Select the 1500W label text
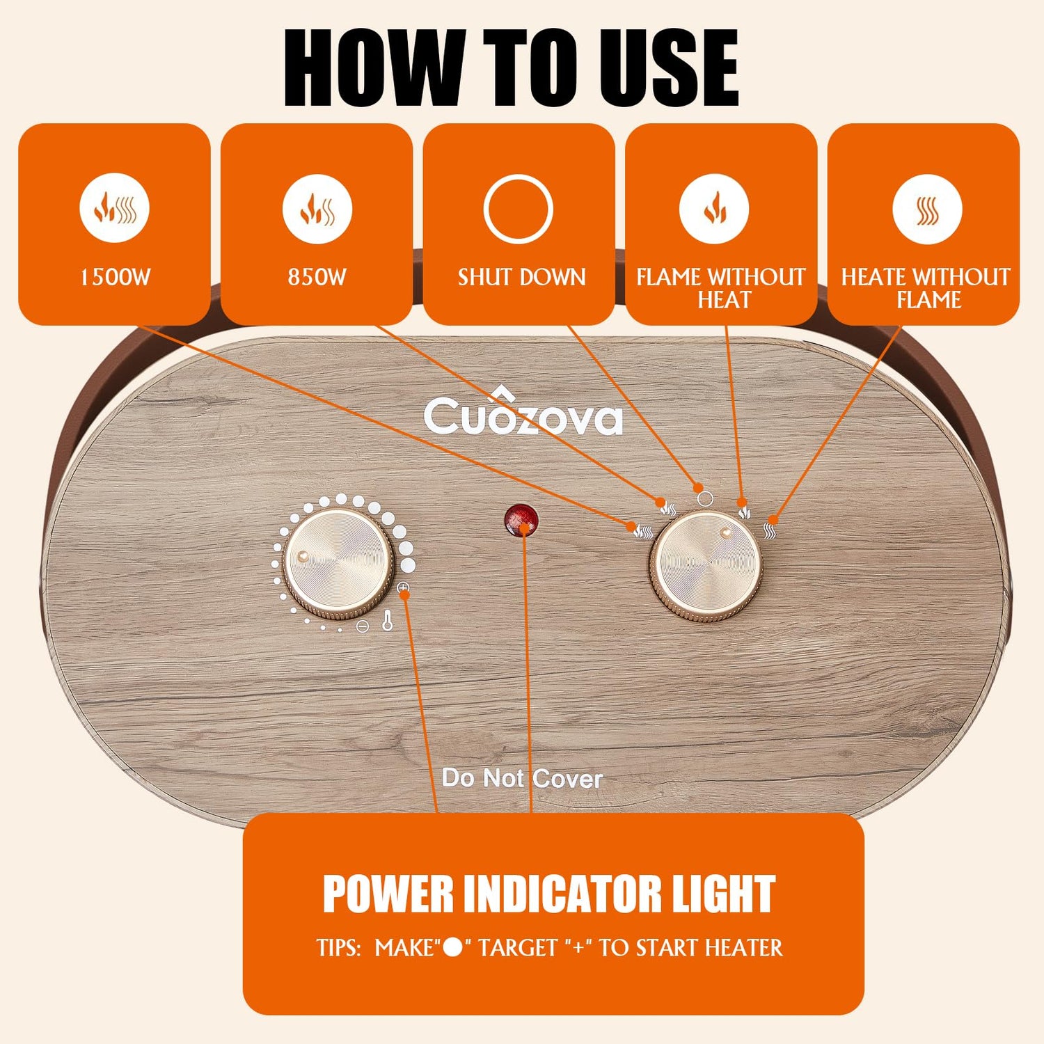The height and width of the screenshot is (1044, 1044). click(115, 277)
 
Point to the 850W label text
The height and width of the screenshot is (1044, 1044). click(317, 277)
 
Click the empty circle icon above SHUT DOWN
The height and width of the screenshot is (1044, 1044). click(519, 209)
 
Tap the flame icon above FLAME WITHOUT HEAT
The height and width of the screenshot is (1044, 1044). click(715, 208)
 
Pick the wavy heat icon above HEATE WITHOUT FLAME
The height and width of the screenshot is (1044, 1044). click(927, 209)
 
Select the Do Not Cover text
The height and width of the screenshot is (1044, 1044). click(522, 778)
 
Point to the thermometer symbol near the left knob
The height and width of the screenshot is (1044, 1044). click(388, 620)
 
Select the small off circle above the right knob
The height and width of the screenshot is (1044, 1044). click(704, 498)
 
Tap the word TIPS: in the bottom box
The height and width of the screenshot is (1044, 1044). click(338, 948)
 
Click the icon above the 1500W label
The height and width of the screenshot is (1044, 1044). click(114, 208)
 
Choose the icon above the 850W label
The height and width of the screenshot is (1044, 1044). click(317, 208)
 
